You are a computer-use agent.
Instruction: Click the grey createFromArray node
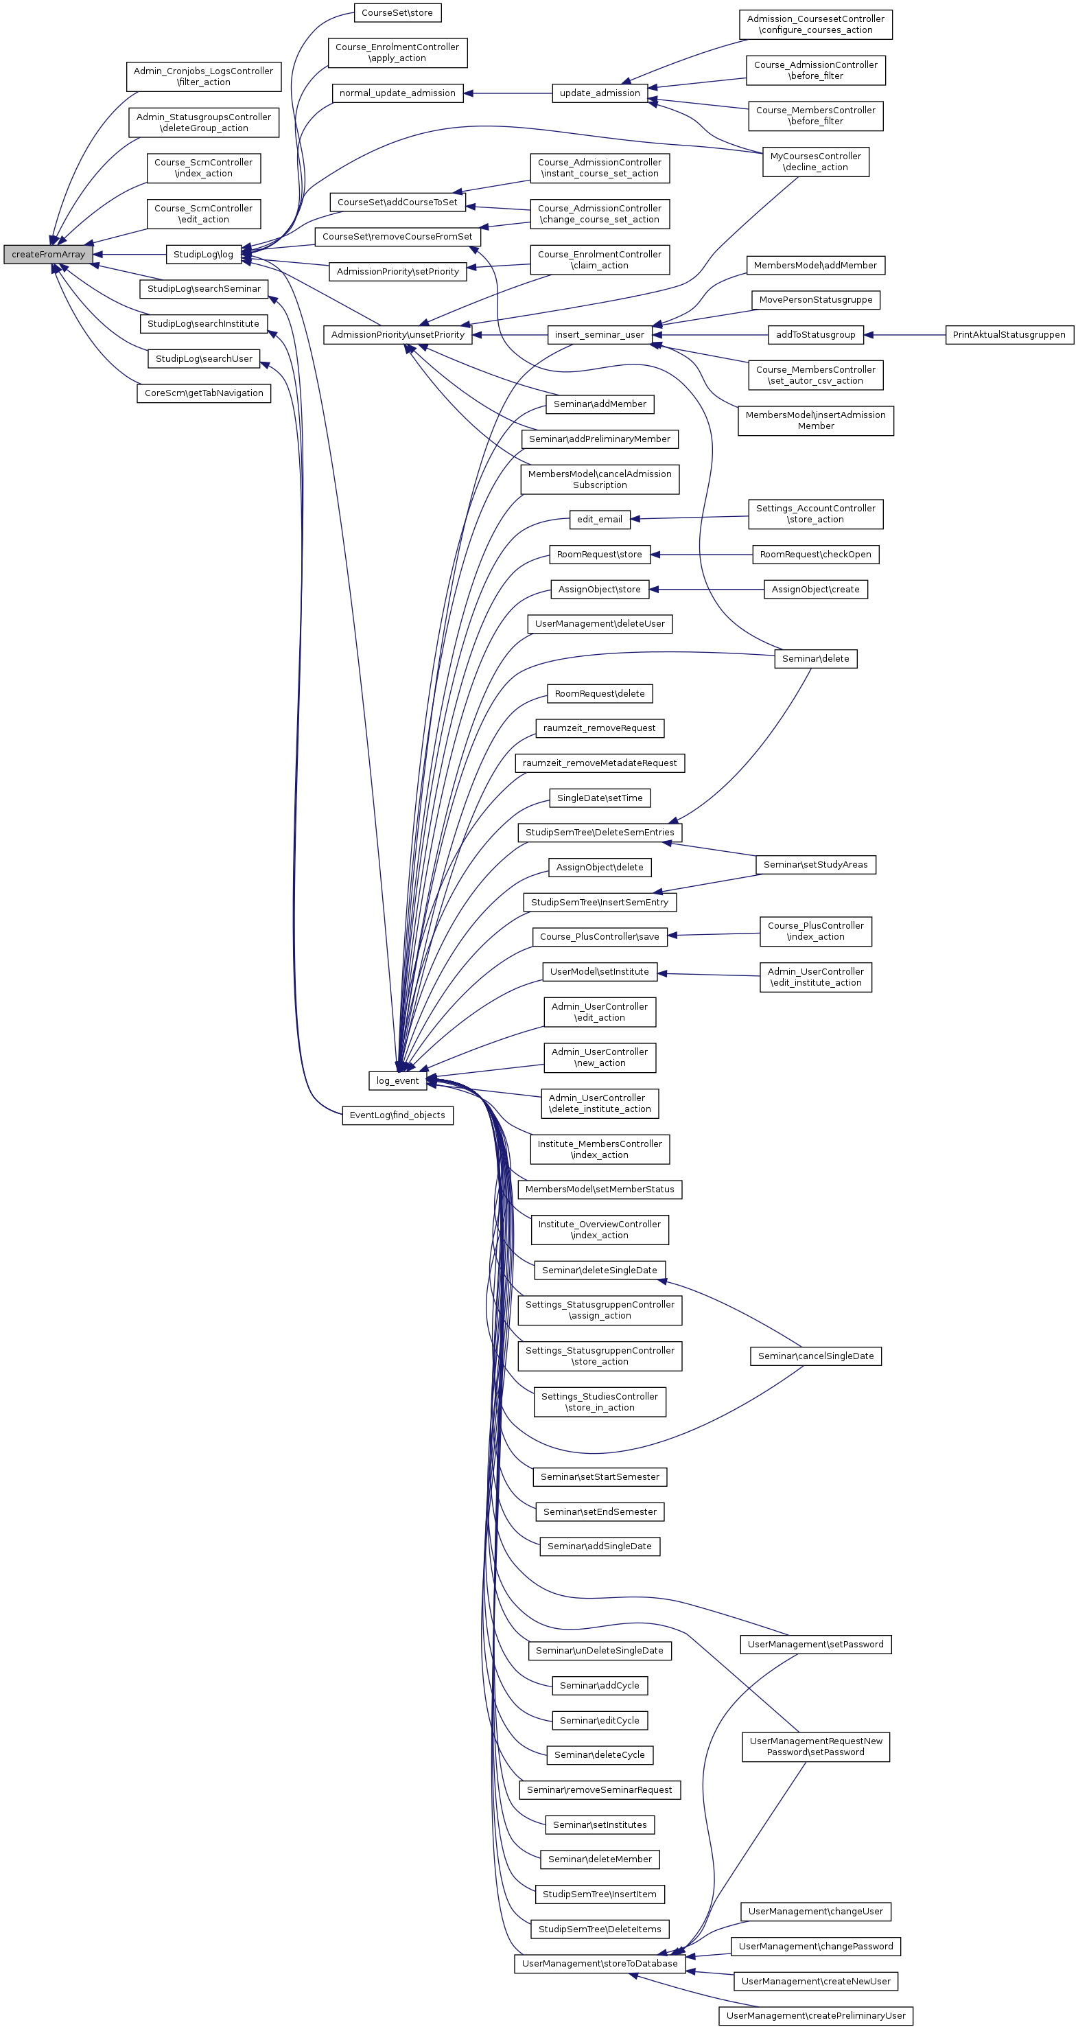[48, 255]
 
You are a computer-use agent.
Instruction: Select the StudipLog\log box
[203, 255]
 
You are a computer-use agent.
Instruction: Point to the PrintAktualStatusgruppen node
[1009, 335]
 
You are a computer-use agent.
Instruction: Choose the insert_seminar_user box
[599, 335]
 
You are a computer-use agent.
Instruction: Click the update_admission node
[599, 93]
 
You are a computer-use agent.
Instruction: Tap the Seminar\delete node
[815, 658]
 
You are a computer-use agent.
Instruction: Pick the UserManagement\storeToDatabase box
[599, 1964]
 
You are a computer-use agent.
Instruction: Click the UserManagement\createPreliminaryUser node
[815, 2015]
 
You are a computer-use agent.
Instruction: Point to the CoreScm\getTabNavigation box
[203, 393]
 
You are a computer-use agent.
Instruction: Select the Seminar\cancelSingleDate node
[815, 1356]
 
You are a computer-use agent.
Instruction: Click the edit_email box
[599, 520]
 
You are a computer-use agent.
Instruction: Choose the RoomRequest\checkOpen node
[815, 555]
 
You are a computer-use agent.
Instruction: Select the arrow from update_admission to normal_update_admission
[508, 93]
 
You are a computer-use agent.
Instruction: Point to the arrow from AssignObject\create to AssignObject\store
[706, 589]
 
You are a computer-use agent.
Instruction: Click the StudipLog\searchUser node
[203, 359]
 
